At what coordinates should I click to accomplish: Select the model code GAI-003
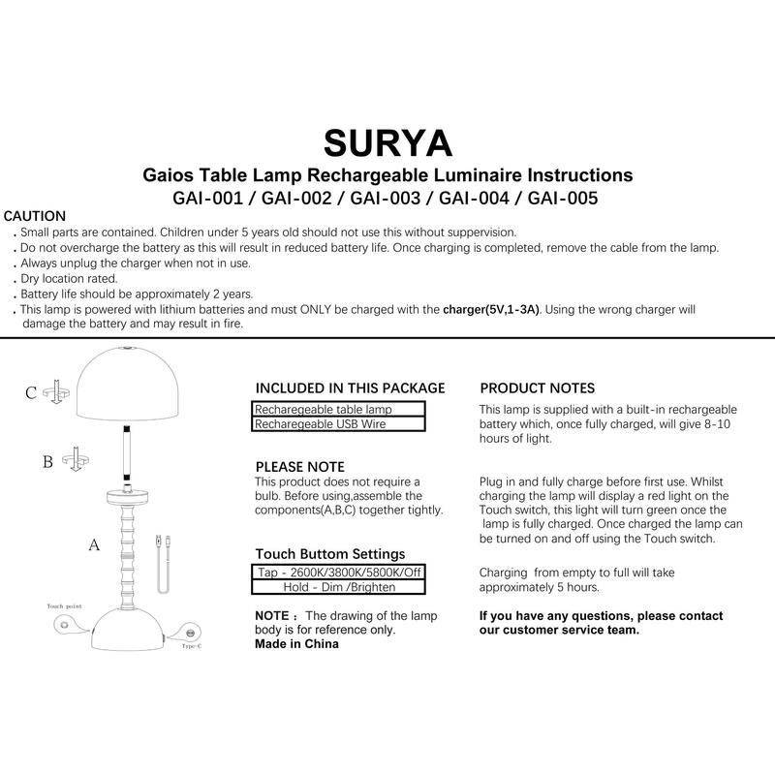pyautogui.click(x=387, y=199)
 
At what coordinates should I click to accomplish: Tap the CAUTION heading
pyautogui.click(x=36, y=216)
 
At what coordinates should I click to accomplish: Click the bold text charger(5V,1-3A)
pyautogui.click(x=491, y=310)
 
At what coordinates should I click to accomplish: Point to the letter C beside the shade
pyautogui.click(x=31, y=392)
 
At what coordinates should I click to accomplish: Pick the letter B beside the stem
pyautogui.click(x=47, y=461)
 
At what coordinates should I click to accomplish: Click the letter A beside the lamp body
pyautogui.click(x=94, y=545)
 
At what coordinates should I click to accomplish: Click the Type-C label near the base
pyautogui.click(x=191, y=645)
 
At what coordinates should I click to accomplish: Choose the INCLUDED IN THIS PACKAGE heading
pyautogui.click(x=350, y=388)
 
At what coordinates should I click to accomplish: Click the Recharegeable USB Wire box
pyautogui.click(x=339, y=424)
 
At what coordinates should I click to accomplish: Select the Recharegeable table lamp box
pyautogui.click(x=339, y=410)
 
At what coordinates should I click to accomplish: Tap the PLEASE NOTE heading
pyautogui.click(x=299, y=466)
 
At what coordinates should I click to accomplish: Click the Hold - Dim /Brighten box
pyautogui.click(x=339, y=586)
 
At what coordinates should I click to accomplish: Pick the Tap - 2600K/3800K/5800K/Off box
pyautogui.click(x=339, y=572)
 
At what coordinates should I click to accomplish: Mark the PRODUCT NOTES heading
pyautogui.click(x=538, y=388)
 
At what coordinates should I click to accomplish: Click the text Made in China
pyautogui.click(x=296, y=643)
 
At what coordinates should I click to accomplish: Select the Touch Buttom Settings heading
pyautogui.click(x=329, y=554)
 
